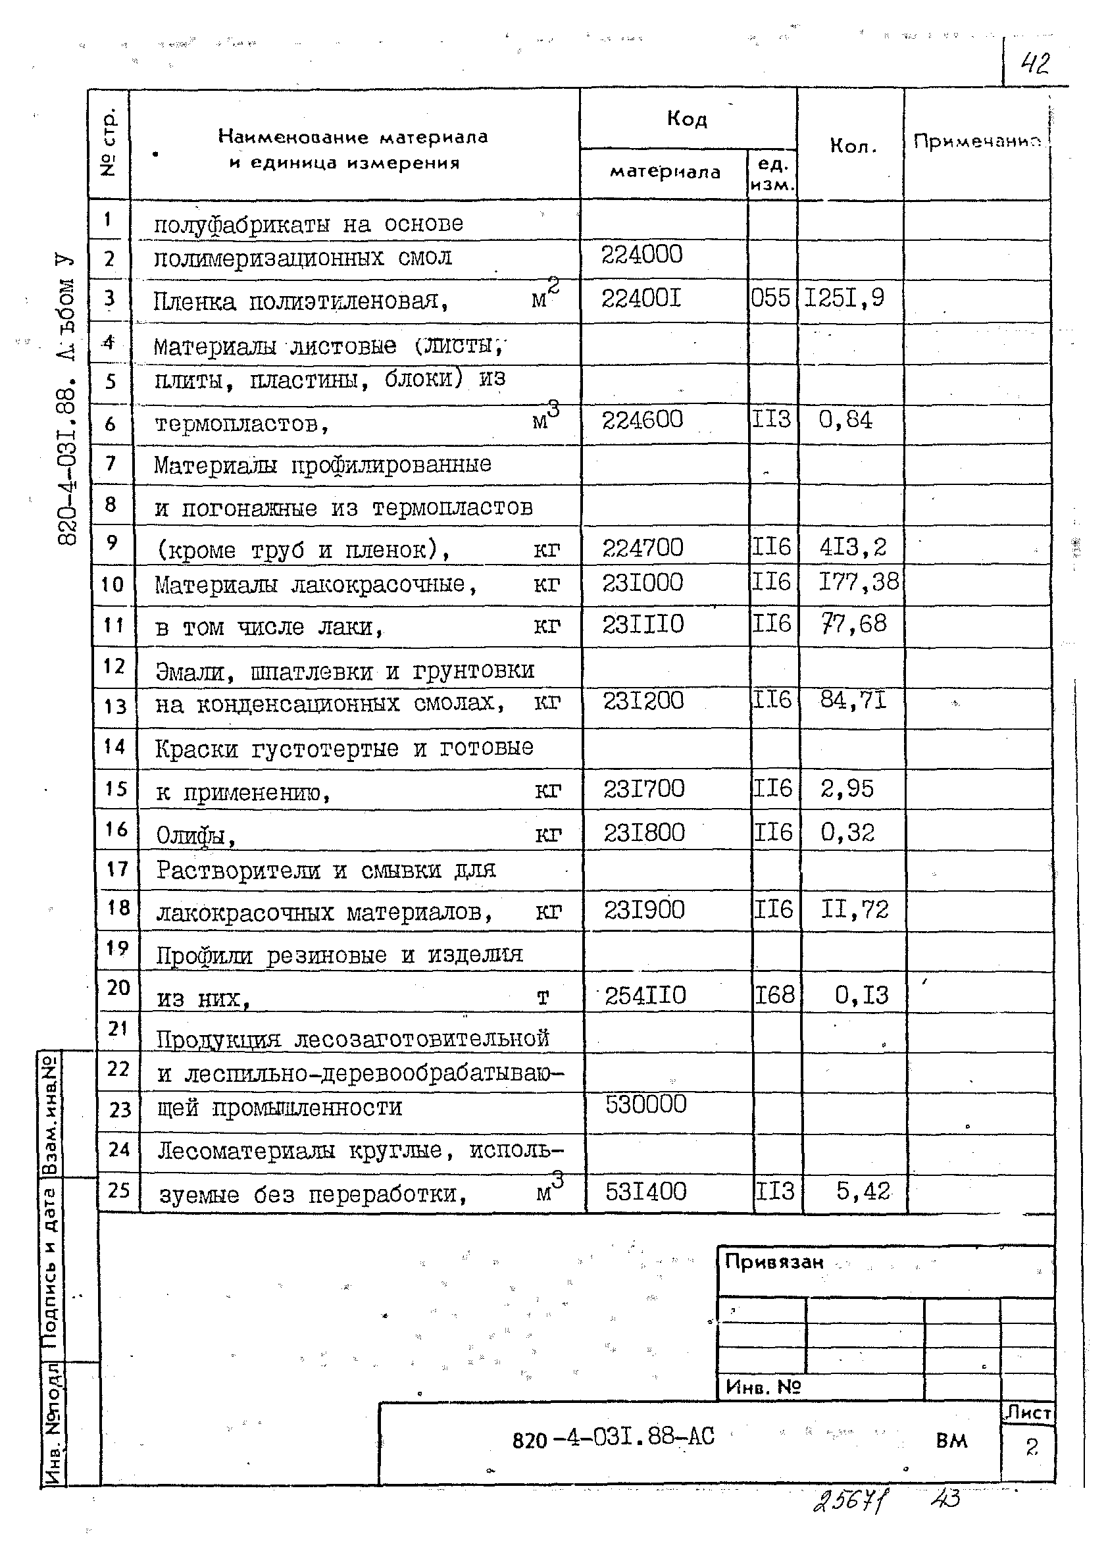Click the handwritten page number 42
coord(1034,64)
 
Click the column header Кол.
coord(852,146)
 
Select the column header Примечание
coord(977,141)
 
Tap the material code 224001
coord(641,297)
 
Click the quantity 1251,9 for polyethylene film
coord(845,297)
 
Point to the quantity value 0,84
coord(845,420)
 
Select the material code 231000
coord(642,583)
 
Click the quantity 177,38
coord(858,582)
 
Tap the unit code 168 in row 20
coord(775,995)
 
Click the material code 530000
coord(645,1104)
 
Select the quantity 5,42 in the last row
coord(863,1191)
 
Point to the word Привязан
coord(774,1262)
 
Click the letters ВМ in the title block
coord(951,1440)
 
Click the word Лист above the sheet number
coord(1028,1413)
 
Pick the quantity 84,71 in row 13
coord(853,700)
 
